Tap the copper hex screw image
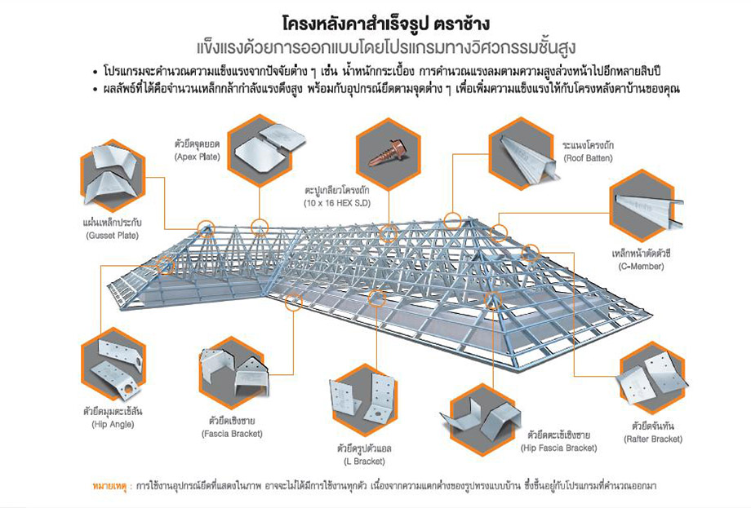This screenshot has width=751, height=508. [389, 153]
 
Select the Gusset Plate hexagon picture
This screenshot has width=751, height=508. [112, 175]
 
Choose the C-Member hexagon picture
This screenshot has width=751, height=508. [645, 205]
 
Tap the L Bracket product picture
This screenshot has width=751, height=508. [363, 400]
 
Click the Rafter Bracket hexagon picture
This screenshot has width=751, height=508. [652, 378]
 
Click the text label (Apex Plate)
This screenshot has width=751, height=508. [198, 157]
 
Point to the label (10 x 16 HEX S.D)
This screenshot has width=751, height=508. [337, 203]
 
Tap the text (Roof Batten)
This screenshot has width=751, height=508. [589, 158]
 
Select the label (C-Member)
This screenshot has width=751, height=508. [641, 266]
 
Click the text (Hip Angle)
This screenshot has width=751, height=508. [113, 424]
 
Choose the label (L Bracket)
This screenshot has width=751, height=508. [364, 462]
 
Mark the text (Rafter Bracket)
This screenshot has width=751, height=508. [653, 439]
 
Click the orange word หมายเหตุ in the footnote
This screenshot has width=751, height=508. [109, 486]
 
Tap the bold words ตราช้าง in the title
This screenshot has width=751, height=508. [462, 24]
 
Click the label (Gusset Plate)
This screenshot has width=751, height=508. [112, 236]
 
